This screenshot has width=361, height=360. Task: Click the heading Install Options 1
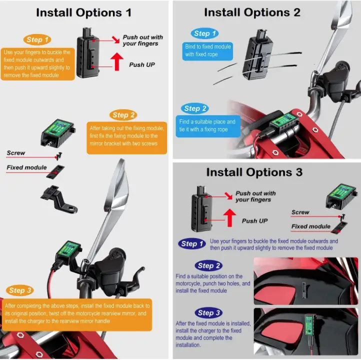(x=83, y=12)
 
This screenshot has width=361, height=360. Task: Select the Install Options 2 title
(x=252, y=12)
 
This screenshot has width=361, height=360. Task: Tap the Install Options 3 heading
(x=254, y=172)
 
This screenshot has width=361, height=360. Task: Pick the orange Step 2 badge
(x=123, y=115)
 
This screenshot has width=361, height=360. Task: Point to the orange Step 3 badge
(x=20, y=290)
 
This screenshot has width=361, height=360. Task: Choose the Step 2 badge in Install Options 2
(x=195, y=108)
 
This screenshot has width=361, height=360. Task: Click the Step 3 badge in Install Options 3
(x=208, y=313)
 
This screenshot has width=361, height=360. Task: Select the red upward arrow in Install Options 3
(x=229, y=218)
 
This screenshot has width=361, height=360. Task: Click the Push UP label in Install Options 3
(x=254, y=221)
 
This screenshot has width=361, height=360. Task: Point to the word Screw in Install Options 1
(x=16, y=153)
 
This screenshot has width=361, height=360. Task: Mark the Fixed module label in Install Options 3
(x=310, y=226)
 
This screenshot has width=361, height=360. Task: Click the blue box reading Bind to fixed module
(x=207, y=50)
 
